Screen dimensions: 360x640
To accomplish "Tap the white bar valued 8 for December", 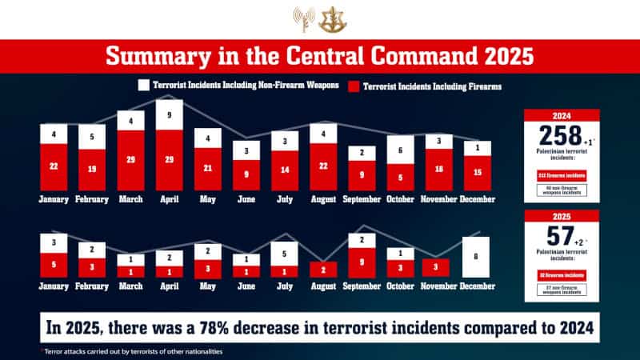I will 477,257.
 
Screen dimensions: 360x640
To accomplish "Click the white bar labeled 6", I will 400,150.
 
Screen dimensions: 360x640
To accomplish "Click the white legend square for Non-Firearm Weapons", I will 144,85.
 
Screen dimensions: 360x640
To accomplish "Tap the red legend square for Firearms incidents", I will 356,85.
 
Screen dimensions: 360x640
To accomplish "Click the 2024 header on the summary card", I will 561,114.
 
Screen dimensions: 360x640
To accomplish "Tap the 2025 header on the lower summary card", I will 561,214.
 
